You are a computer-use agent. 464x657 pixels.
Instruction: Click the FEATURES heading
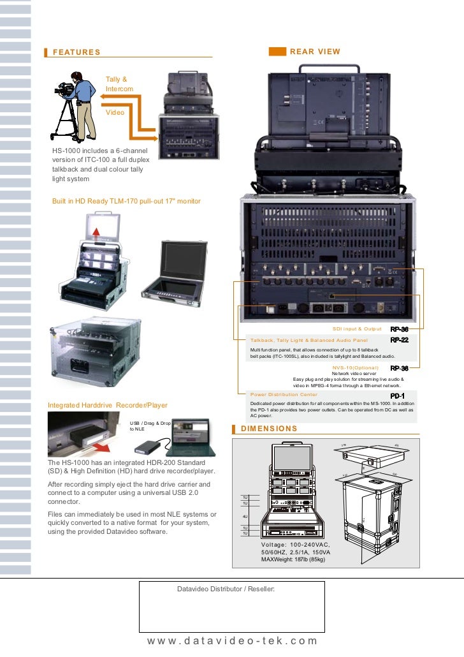pyautogui.click(x=76, y=52)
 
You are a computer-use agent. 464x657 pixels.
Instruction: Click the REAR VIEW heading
pyautogui.click(x=315, y=52)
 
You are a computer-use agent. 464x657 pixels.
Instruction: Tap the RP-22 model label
pyautogui.click(x=399, y=340)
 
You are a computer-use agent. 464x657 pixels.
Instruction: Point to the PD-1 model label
pyautogui.click(x=398, y=395)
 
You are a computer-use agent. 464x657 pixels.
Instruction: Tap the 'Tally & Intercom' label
pyautogui.click(x=119, y=84)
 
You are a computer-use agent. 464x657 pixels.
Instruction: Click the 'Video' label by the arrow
pyautogui.click(x=115, y=112)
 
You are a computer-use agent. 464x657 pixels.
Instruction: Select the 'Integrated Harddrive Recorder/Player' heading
pyautogui.click(x=108, y=405)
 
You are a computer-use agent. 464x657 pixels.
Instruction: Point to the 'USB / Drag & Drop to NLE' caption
pyautogui.click(x=150, y=426)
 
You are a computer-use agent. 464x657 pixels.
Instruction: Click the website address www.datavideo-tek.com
pyautogui.click(x=232, y=641)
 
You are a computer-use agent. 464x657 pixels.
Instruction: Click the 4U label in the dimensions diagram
pyautogui.click(x=245, y=516)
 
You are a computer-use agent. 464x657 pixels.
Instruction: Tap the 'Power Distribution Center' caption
pyautogui.click(x=284, y=395)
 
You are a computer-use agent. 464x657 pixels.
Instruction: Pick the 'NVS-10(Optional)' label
pyautogui.click(x=355, y=368)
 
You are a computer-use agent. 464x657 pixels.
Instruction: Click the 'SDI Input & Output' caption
pyautogui.click(x=357, y=329)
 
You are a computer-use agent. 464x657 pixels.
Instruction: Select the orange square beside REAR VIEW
pyautogui.click(x=277, y=52)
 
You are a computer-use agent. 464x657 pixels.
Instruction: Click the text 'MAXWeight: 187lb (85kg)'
pyautogui.click(x=293, y=559)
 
